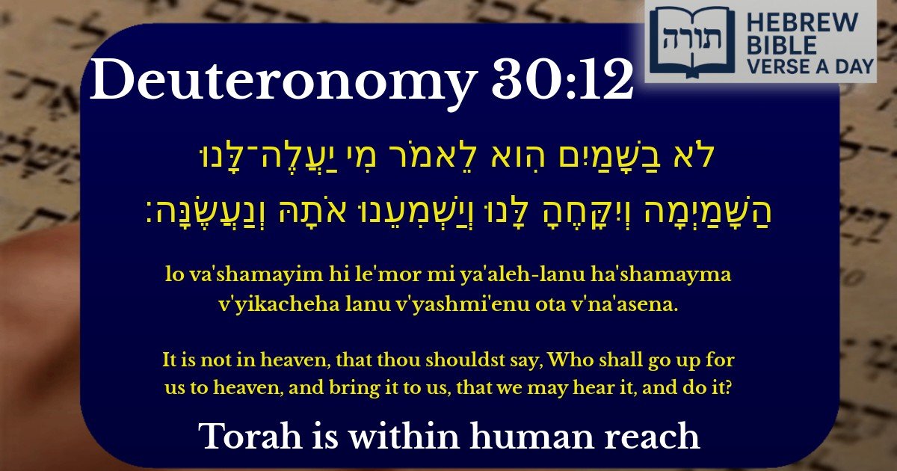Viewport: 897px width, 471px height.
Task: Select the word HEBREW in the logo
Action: pos(807,22)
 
